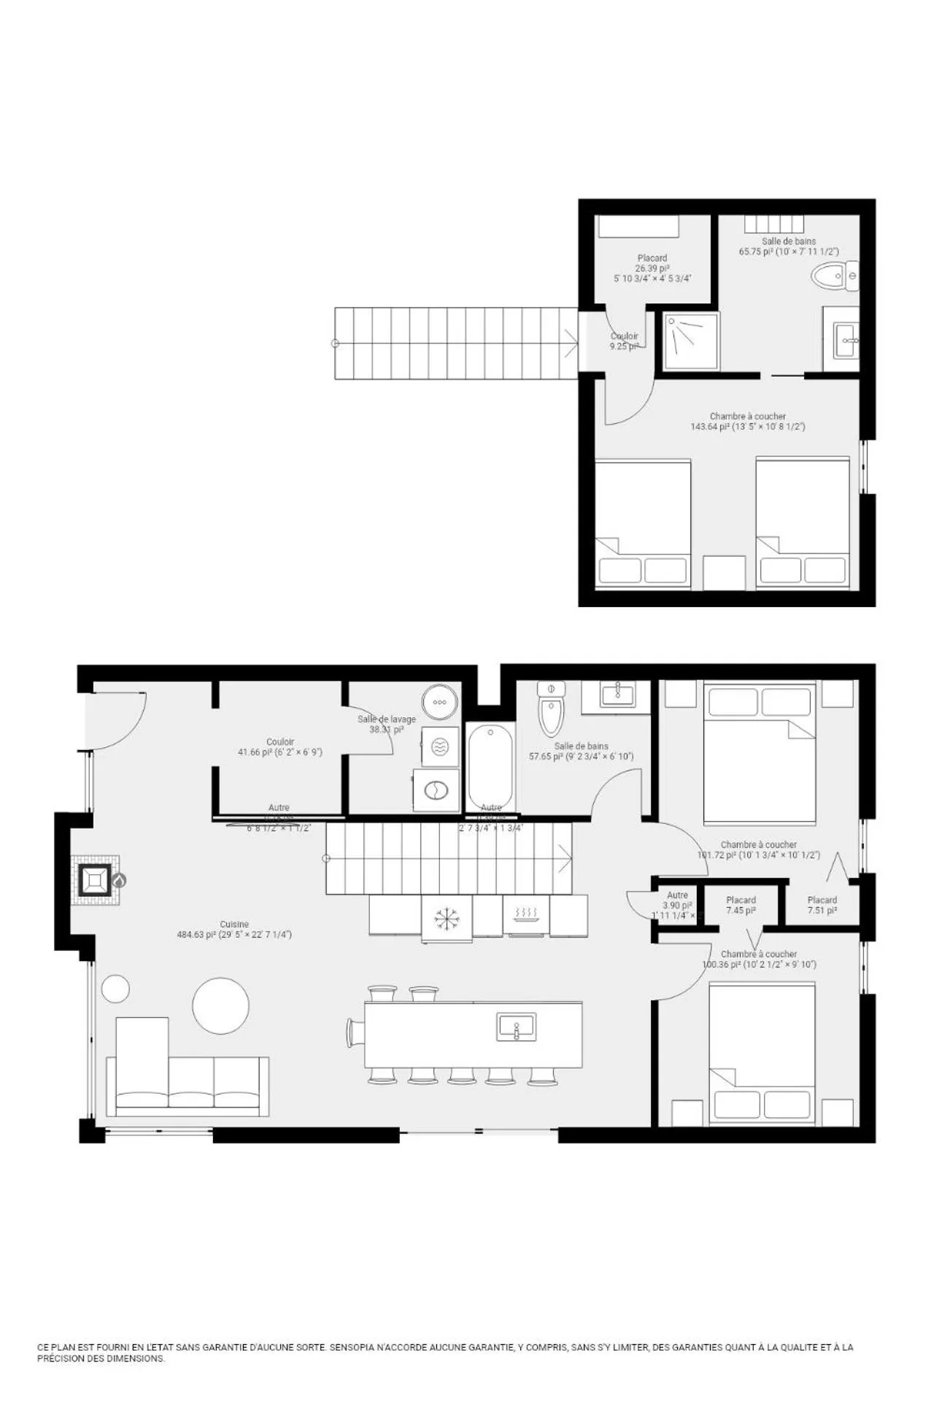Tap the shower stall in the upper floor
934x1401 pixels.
click(690, 341)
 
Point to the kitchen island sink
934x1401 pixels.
click(517, 1027)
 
